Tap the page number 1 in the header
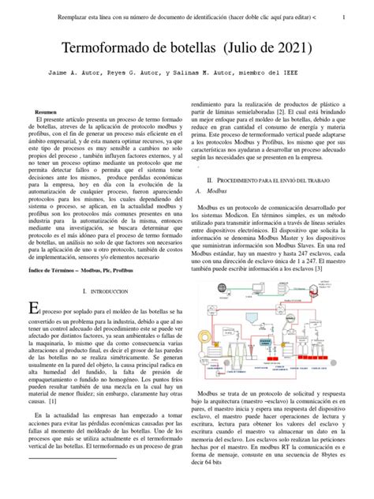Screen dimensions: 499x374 [353, 16]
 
